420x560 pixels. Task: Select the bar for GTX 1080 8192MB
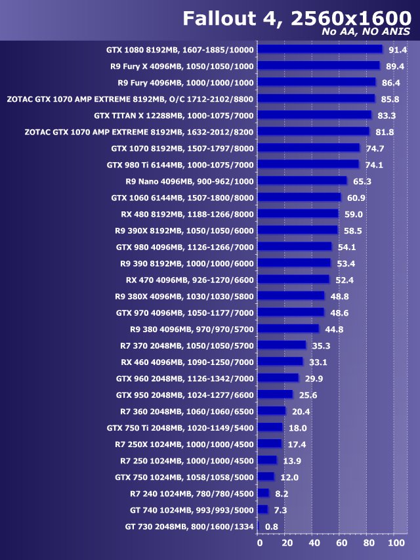pos(320,49)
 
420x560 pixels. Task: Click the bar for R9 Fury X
pos(318,66)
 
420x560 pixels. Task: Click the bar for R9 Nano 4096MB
pos(302,181)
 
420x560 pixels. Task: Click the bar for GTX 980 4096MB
pos(295,246)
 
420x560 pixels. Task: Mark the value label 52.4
pos(345,279)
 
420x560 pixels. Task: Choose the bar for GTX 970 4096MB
pos(291,312)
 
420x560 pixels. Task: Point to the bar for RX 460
pos(280,361)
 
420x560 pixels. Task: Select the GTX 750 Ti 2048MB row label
pos(180,427)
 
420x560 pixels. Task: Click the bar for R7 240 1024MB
pos(263,493)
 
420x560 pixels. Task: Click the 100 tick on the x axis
pos(396,544)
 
